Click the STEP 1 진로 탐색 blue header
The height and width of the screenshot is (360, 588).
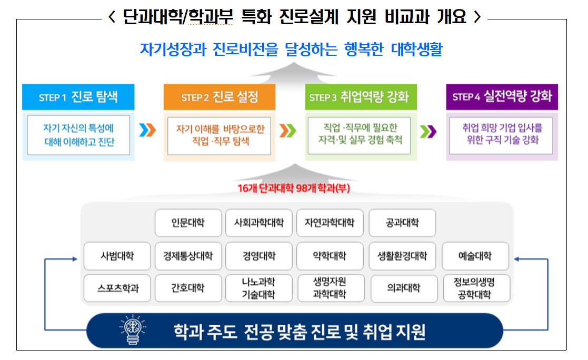click(x=78, y=97)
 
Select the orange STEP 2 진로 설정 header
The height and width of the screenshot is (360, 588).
click(x=219, y=97)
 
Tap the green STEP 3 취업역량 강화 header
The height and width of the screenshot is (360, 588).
click(x=361, y=97)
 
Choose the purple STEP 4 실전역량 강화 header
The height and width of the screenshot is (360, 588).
click(x=502, y=97)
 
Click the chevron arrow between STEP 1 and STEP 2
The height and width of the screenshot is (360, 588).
click(x=148, y=130)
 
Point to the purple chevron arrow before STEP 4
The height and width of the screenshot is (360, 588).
click(x=430, y=130)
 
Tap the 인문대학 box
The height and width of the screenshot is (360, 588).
click(x=188, y=223)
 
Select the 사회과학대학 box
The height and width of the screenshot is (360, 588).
click(x=258, y=223)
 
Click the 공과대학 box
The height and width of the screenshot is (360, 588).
click(x=402, y=223)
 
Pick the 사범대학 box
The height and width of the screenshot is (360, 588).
click(x=117, y=256)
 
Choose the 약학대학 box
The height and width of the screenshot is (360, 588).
click(x=330, y=256)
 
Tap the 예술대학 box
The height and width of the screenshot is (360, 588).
click(x=475, y=256)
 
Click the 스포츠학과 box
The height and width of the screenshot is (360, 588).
click(x=117, y=288)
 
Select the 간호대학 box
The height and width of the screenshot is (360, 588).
click(x=188, y=288)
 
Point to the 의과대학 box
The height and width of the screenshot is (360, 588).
click(x=403, y=288)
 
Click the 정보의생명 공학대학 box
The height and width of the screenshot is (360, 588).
click(x=475, y=288)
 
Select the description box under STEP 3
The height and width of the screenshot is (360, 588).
click(x=361, y=135)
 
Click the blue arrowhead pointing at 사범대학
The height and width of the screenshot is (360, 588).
click(x=74, y=259)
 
